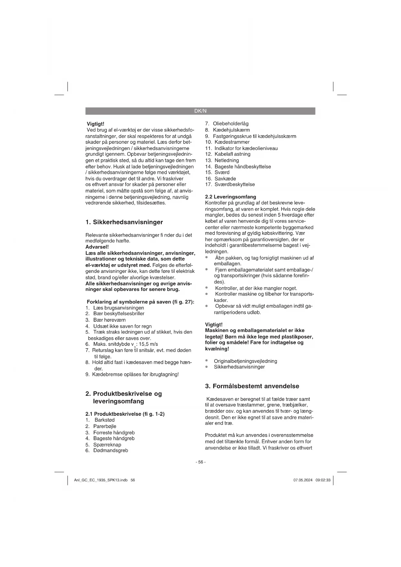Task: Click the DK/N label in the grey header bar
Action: pyautogui.click(x=200, y=111)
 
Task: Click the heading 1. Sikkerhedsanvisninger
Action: pyautogui.click(x=124, y=222)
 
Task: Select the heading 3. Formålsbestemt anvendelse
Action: pyautogui.click(x=252, y=386)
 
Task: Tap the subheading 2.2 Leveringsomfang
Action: pyautogui.click(x=230, y=197)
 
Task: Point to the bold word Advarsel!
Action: pyautogui.click(x=97, y=247)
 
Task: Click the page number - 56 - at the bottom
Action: pyautogui.click(x=200, y=462)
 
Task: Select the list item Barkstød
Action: pyautogui.click(x=105, y=420)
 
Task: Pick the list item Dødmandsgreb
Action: pyautogui.click(x=111, y=450)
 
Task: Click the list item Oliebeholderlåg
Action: pyautogui.click(x=231, y=123)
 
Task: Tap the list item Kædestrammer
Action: pyautogui.click(x=232, y=142)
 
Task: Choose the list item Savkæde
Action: pyautogui.click(x=225, y=178)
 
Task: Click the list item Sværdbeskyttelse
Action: pyautogui.click(x=235, y=184)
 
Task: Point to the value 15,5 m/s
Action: pyautogui.click(x=148, y=344)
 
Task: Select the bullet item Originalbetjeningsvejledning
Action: pyautogui.click(x=246, y=361)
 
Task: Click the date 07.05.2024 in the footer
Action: pyautogui.click(x=303, y=480)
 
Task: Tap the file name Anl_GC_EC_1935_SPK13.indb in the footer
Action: pyautogui.click(x=101, y=480)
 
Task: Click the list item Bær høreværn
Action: pyautogui.click(x=110, y=320)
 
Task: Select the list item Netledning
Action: pyautogui.click(x=227, y=160)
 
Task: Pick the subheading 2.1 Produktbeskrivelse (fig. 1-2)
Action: pyautogui.click(x=125, y=414)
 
